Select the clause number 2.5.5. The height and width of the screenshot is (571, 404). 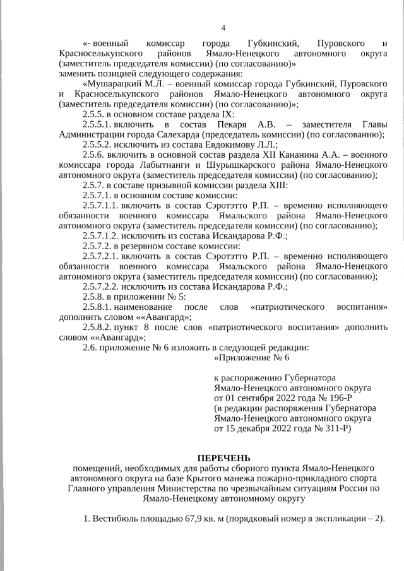95,114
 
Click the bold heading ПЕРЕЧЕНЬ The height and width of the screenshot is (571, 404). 223,457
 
